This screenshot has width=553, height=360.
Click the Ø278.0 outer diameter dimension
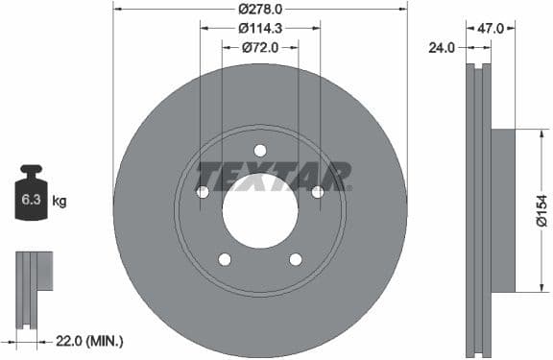click(x=260, y=10)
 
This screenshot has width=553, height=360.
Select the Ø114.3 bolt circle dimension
click(x=260, y=28)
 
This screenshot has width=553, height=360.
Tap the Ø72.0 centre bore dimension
click(x=260, y=46)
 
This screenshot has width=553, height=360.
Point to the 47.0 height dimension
click(x=492, y=30)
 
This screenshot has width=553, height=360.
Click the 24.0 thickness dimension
click(x=443, y=45)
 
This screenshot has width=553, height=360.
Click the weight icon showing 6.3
click(x=31, y=196)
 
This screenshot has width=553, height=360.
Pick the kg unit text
click(x=60, y=201)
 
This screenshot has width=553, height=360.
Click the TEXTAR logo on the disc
click(x=274, y=177)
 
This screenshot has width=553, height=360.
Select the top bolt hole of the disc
click(x=260, y=150)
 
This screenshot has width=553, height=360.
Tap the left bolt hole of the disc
click(x=203, y=192)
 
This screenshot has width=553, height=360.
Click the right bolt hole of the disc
click(x=318, y=192)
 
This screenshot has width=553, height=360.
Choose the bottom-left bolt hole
click(x=225, y=259)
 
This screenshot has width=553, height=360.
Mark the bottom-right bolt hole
click(x=296, y=259)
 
